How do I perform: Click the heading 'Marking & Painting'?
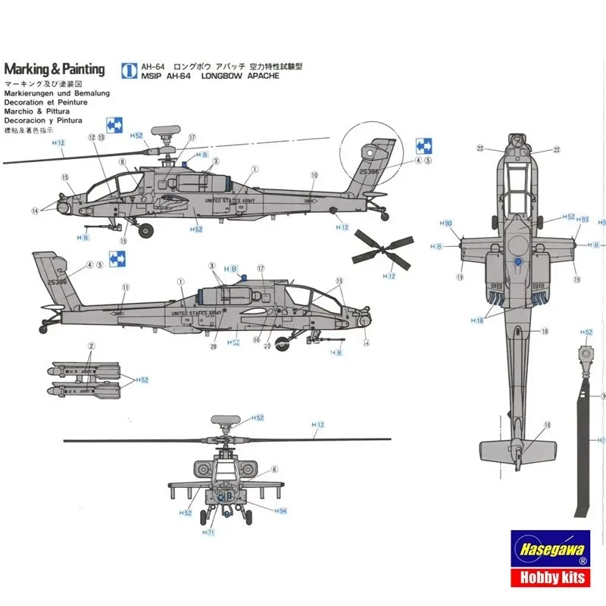coord(54,70)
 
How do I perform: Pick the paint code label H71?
coord(208,533)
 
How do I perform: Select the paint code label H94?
coord(281,511)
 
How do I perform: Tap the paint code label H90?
coord(446,223)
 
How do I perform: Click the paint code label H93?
coord(583,220)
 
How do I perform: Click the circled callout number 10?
coord(314,175)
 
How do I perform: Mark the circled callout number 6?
coord(274,470)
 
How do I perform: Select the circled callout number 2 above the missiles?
coord(91,346)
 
